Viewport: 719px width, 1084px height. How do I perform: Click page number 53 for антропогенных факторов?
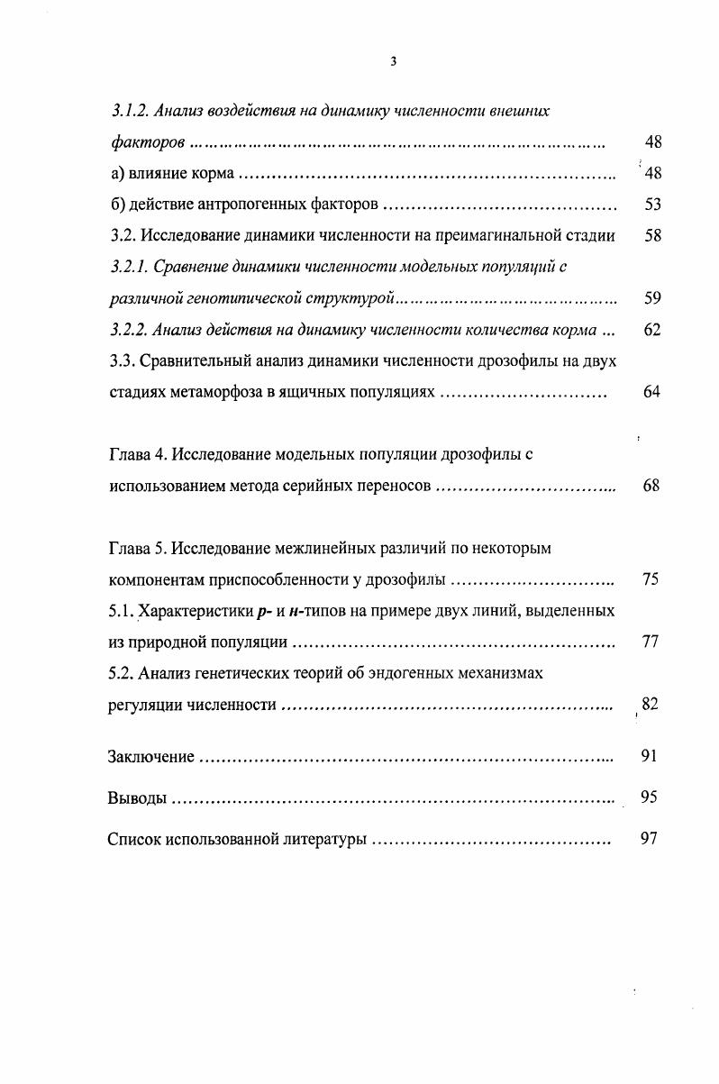click(653, 205)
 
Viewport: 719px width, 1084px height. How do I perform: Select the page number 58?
click(653, 236)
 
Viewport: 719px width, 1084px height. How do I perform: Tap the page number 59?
click(653, 297)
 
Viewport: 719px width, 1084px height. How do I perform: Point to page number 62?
click(653, 330)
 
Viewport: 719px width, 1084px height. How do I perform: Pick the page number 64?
click(653, 392)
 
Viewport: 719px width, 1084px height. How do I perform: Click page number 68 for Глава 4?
click(653, 486)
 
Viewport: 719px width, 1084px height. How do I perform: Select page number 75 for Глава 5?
click(653, 579)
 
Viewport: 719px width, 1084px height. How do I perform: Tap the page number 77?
click(653, 642)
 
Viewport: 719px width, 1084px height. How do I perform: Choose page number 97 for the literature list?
click(650, 839)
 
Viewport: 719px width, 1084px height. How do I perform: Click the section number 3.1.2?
click(128, 111)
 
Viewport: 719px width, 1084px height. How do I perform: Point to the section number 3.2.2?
click(128, 330)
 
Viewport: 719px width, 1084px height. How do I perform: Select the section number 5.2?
click(121, 673)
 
